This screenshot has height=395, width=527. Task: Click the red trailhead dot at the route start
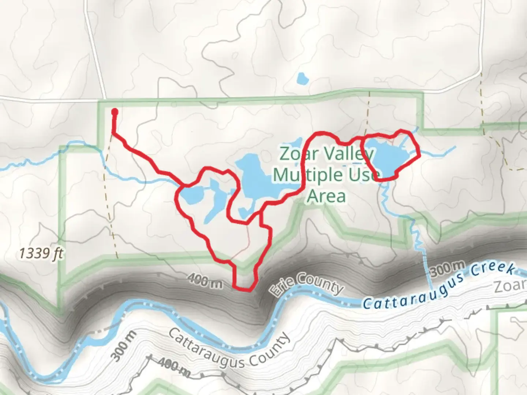click(115, 112)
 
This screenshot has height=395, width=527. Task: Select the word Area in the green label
click(326, 196)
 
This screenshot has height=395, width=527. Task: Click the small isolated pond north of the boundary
click(302, 78)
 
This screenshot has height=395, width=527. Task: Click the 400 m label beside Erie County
click(205, 281)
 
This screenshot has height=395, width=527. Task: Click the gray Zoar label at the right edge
click(511, 287)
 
